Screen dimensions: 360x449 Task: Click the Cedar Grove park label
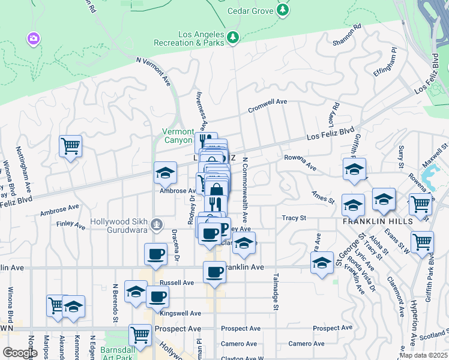[x=250, y=10]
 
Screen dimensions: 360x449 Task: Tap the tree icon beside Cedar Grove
[x=283, y=10]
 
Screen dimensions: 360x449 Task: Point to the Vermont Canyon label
[x=178, y=136]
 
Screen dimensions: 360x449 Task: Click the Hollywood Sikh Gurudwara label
[x=119, y=221]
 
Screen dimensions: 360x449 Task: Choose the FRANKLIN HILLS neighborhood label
[x=369, y=221]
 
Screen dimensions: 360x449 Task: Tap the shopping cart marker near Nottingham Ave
[x=71, y=146]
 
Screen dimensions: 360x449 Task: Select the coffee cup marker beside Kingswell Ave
[x=157, y=296]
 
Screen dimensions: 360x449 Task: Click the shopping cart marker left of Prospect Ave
[x=140, y=335]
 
